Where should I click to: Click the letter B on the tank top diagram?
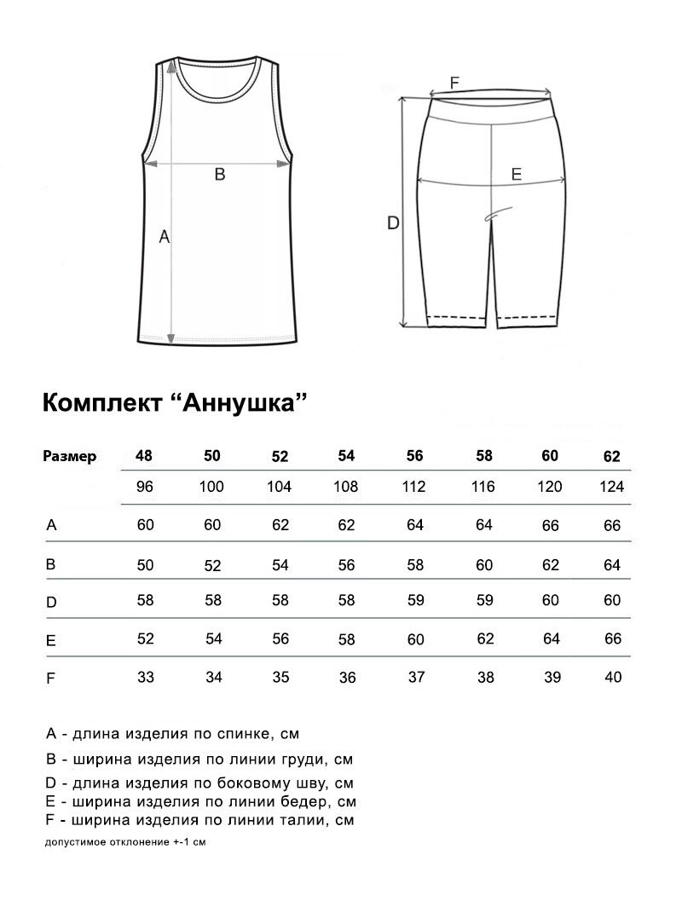(219, 174)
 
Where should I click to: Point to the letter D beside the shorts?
(393, 223)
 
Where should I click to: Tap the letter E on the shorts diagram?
(516, 174)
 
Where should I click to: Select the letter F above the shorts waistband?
(454, 83)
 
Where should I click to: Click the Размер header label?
(70, 456)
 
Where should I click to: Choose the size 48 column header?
(144, 455)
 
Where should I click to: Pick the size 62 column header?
(612, 456)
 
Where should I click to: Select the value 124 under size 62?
(612, 487)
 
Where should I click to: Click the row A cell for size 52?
(280, 525)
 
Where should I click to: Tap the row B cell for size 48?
(145, 563)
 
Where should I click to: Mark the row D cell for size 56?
(415, 601)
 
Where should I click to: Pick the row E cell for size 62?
(612, 639)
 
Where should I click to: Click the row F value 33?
(145, 677)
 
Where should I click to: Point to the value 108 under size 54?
(346, 487)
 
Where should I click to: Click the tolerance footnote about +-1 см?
(125, 842)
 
